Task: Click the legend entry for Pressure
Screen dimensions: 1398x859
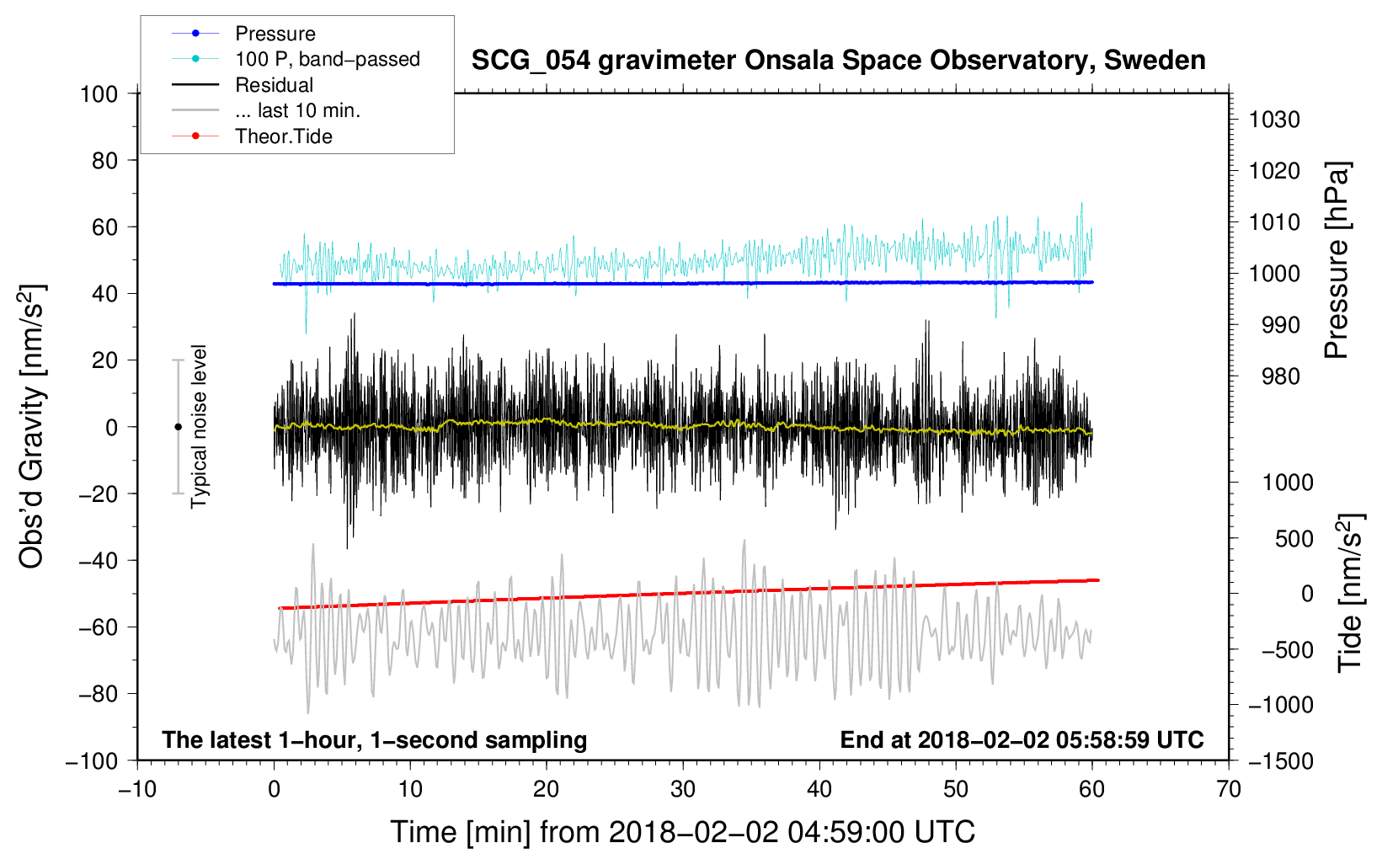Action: pyautogui.click(x=243, y=33)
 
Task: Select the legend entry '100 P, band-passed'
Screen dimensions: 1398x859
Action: pyautogui.click(x=296, y=59)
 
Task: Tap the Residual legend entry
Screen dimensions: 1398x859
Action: pyautogui.click(x=243, y=85)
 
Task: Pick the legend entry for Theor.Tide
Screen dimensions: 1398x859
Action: pyautogui.click(x=252, y=136)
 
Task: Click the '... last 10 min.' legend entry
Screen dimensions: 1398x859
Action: pyautogui.click(x=266, y=110)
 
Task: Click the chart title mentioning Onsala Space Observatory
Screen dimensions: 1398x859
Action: pyautogui.click(x=838, y=60)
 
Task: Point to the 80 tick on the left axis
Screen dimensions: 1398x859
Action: pyautogui.click(x=104, y=161)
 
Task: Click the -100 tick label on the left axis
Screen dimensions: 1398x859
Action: pyautogui.click(x=92, y=761)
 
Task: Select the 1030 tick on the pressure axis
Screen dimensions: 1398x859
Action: pyautogui.click(x=1274, y=120)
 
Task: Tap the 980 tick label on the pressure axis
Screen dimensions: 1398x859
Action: pyautogui.click(x=1280, y=376)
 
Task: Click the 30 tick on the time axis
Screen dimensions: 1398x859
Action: pyautogui.click(x=683, y=790)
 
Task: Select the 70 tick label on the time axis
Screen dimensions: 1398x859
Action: pyautogui.click(x=1228, y=790)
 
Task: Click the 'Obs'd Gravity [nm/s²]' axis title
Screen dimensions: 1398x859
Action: pyautogui.click(x=31, y=426)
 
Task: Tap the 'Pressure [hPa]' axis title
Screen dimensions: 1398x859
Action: pyautogui.click(x=1337, y=260)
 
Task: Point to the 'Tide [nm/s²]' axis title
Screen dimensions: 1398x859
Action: pyautogui.click(x=1351, y=593)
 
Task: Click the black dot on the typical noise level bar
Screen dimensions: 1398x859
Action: pyautogui.click(x=178, y=427)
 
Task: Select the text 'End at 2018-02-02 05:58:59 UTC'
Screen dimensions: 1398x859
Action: pyautogui.click(x=1022, y=739)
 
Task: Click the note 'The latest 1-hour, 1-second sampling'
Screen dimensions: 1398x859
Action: pyautogui.click(x=375, y=739)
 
